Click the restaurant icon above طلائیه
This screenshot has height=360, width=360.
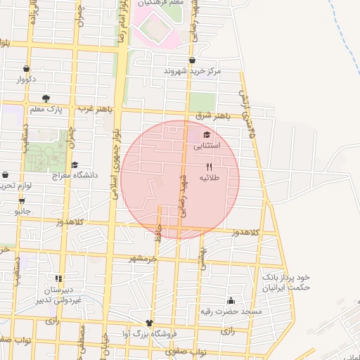point(209,167)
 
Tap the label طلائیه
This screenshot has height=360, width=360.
point(210,178)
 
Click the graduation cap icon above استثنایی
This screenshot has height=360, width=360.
point(207,135)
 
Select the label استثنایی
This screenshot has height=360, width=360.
point(207,146)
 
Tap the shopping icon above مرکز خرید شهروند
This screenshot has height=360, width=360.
point(192,60)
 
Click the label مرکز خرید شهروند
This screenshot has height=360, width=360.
point(192,71)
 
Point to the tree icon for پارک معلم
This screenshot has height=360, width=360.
point(46,98)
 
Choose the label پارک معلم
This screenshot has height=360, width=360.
point(46,109)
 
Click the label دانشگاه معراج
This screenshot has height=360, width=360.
point(74,175)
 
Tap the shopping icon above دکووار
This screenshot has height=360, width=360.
point(26,69)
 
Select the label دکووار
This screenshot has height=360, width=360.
point(26,79)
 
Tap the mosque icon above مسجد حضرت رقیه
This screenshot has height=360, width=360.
point(231,300)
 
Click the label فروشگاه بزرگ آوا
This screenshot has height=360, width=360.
point(150,334)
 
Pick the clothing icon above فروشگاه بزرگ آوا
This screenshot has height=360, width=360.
point(149,323)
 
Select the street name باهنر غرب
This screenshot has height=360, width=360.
point(95,109)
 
